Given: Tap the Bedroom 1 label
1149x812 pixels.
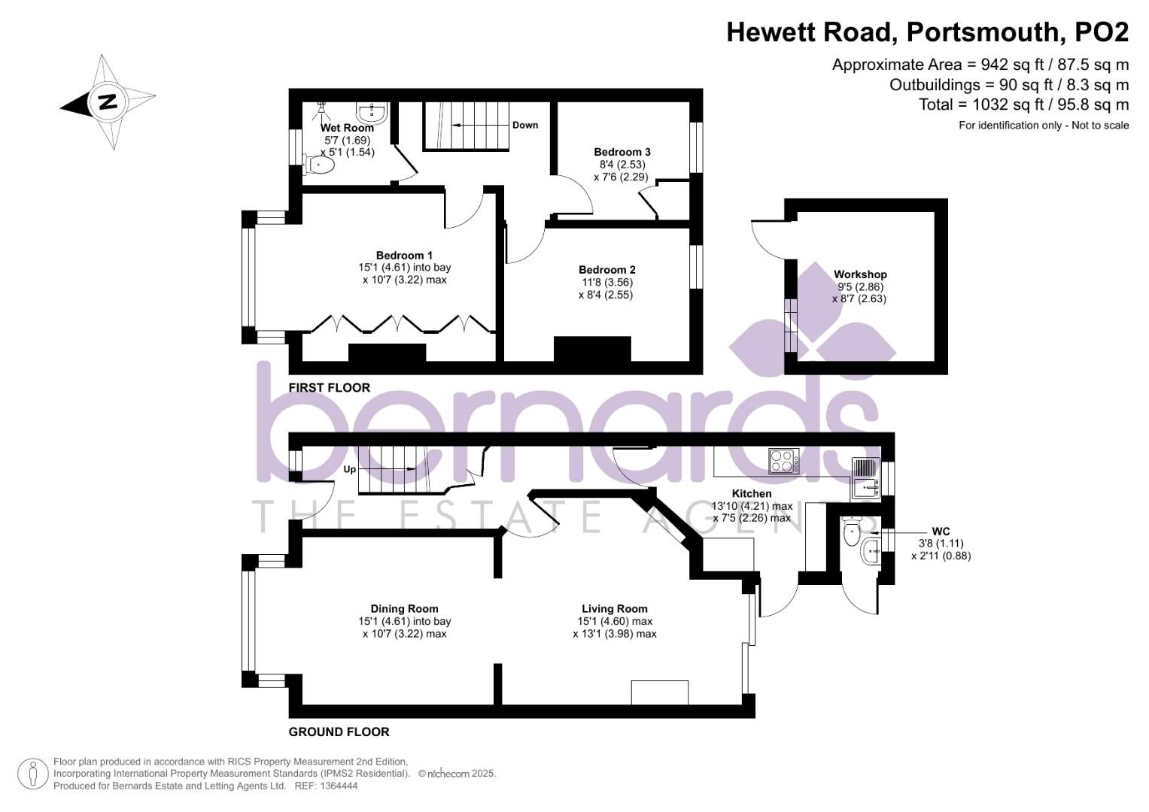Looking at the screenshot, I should (404, 256).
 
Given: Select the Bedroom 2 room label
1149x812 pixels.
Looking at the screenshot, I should (606, 270).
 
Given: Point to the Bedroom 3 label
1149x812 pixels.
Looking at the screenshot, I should (622, 152).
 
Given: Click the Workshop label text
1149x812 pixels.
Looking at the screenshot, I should (860, 274).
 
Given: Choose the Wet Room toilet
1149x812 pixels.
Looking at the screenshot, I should (319, 164).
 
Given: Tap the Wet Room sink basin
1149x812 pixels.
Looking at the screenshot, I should (372, 114).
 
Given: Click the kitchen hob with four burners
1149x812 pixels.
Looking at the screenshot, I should (783, 461).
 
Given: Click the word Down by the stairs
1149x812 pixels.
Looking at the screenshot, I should (525, 125).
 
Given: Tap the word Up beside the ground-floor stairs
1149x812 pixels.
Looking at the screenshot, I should (350, 470).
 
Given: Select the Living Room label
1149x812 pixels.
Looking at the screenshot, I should (614, 609).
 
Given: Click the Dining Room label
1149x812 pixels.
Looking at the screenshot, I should (404, 609).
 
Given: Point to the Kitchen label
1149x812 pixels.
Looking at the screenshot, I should (752, 493).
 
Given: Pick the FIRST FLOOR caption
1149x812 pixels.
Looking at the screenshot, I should (330, 388).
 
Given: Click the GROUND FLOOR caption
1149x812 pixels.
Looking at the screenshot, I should (339, 732).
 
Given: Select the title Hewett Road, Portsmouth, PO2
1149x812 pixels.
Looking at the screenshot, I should (927, 32).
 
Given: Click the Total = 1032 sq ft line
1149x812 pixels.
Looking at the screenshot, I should (1023, 105).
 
